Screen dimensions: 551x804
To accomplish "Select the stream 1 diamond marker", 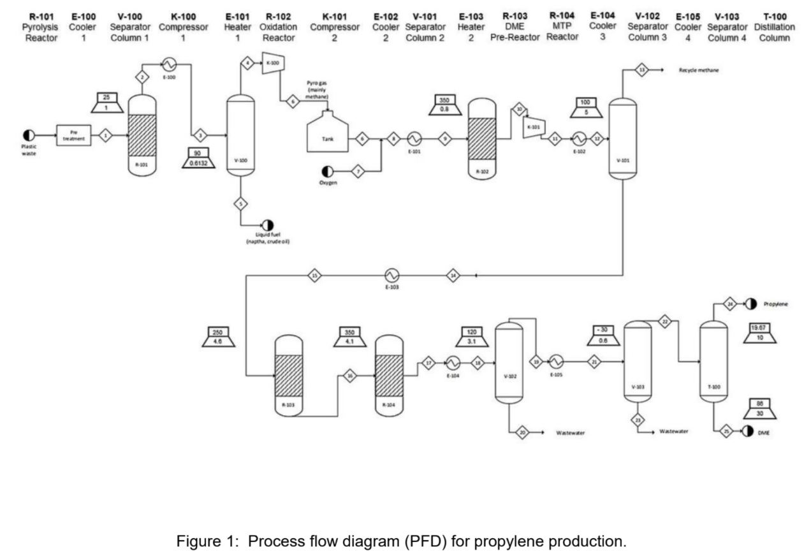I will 105,135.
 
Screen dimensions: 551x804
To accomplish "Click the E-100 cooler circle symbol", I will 170,64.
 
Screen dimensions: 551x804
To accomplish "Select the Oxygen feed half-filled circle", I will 328,172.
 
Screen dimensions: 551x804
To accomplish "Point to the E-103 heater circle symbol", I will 391,275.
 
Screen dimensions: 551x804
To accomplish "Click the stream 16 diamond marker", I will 349,376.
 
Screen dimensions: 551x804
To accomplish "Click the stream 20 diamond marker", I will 522,432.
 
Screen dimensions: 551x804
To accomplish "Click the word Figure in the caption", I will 196,524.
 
